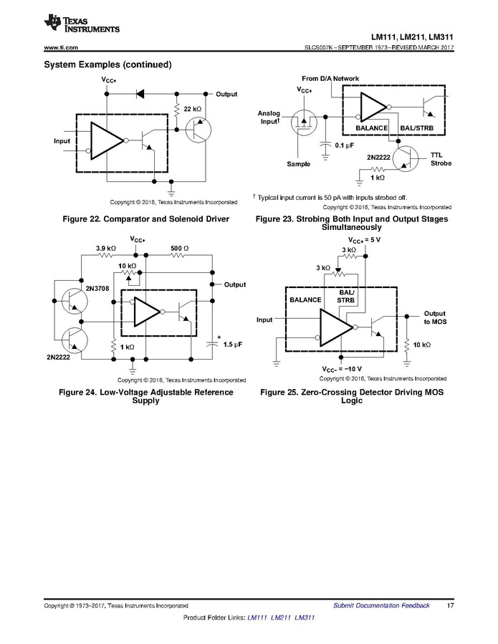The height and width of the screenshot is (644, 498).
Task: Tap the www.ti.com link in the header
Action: click(x=61, y=48)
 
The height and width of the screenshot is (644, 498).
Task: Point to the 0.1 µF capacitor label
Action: click(x=345, y=145)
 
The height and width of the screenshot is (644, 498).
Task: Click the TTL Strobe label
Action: click(x=441, y=159)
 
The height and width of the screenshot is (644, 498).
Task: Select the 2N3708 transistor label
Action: click(x=97, y=287)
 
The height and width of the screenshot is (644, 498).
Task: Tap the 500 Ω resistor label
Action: click(x=179, y=248)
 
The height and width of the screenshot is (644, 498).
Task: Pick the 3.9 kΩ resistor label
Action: click(x=106, y=248)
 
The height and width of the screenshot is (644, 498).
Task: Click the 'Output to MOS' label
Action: click(x=434, y=318)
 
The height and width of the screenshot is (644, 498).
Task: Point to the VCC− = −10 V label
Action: click(x=347, y=368)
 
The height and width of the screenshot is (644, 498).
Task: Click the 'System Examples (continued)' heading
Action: click(x=107, y=64)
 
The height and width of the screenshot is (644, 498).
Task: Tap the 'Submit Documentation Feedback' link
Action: click(x=381, y=605)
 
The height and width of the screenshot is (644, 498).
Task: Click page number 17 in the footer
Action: click(x=450, y=605)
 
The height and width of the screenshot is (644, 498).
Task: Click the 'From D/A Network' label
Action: click(x=330, y=78)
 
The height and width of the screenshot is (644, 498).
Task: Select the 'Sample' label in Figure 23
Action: click(x=298, y=164)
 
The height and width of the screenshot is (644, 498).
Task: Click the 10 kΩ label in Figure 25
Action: click(x=421, y=345)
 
